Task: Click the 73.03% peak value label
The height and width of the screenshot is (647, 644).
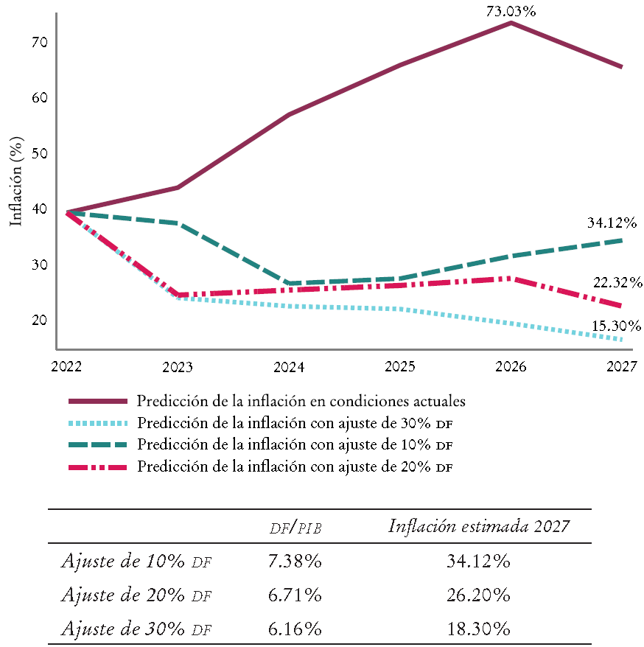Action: click(x=510, y=11)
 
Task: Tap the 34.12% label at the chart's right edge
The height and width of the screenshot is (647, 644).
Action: click(x=612, y=222)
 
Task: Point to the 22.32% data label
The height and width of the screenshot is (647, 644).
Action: click(x=617, y=282)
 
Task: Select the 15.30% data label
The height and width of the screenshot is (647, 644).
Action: click(x=616, y=326)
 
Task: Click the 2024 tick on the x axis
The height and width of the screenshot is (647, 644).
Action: click(x=289, y=366)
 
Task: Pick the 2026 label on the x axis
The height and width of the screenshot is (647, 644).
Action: click(x=511, y=366)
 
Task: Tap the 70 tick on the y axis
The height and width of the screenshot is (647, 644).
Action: click(x=39, y=43)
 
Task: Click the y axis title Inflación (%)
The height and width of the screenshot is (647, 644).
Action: click(x=16, y=181)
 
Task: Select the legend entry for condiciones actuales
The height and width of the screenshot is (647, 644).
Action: click(x=301, y=402)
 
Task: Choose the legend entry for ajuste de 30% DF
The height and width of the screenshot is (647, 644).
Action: click(x=294, y=423)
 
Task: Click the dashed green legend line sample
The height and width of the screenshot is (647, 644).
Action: click(x=97, y=445)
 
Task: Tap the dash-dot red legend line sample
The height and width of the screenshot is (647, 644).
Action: click(x=97, y=467)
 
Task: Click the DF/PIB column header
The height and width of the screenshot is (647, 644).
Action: click(x=295, y=528)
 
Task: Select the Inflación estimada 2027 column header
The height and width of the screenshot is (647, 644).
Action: click(x=478, y=526)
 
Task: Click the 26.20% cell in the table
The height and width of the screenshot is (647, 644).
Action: click(x=478, y=595)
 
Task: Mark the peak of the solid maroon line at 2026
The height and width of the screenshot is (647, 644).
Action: click(x=511, y=24)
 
